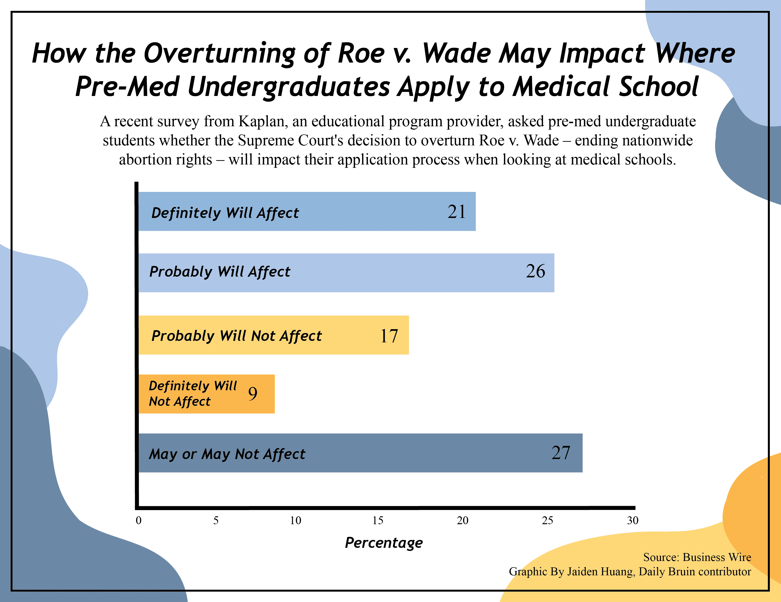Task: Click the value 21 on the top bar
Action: pos(457,212)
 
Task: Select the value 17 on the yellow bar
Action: pos(389,336)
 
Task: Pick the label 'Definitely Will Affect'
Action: pos(225,213)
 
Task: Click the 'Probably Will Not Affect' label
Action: pos(236,336)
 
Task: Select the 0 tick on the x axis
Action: pos(139,521)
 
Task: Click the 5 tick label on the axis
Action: pos(216,521)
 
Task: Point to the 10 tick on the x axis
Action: pos(296,521)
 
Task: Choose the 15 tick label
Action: pos(378,521)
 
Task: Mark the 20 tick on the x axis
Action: pos(463,521)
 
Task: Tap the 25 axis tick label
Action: pos(547,521)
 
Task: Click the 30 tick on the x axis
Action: pos(633,521)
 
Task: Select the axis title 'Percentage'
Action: pos(384,543)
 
